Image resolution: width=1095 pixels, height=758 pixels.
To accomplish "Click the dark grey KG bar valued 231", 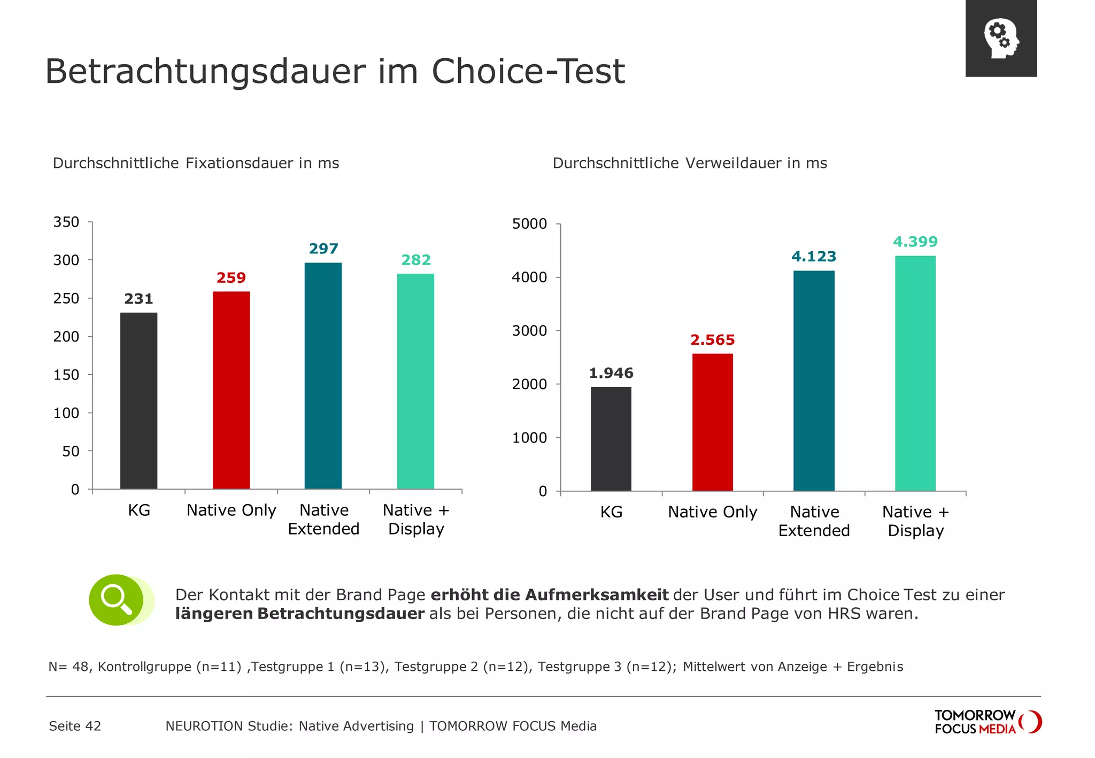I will [138, 400].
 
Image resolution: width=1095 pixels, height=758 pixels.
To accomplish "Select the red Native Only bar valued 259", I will [231, 390].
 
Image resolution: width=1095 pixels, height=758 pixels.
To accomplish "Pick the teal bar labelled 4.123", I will [814, 381].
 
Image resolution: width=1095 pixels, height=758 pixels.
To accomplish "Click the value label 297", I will [323, 249].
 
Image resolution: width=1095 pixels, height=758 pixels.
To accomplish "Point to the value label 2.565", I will [712, 340].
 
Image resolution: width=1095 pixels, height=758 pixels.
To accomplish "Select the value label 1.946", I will [611, 373].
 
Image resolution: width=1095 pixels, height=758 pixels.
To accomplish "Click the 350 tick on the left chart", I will [66, 222].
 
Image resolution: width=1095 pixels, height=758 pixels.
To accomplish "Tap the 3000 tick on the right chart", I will [529, 330].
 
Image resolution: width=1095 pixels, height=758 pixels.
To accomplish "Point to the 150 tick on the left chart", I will [66, 375].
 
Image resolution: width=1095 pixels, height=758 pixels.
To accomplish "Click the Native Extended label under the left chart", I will [323, 520].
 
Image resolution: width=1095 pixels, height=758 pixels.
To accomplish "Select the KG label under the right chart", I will [611, 512].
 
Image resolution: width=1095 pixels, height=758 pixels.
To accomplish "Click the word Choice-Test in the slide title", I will [528, 71].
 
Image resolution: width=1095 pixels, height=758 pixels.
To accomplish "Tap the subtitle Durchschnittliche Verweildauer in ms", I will [690, 163].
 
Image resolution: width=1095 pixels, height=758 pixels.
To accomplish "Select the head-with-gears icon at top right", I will [1001, 38].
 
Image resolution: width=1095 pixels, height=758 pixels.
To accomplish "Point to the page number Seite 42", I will [75, 726].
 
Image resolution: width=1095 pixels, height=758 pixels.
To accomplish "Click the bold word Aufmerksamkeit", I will [597, 595].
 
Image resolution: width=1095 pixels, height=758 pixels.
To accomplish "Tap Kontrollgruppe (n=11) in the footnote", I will [170, 667].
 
